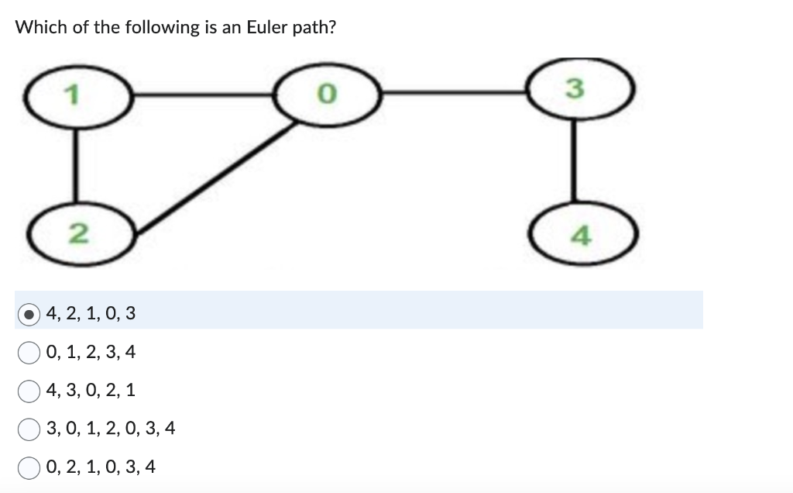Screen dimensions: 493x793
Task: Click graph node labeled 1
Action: (75, 97)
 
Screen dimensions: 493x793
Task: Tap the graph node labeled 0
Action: (328, 95)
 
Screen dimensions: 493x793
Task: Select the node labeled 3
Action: (573, 89)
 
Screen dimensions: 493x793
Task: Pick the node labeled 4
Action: (585, 235)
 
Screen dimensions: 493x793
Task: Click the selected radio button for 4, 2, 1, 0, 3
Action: (29, 314)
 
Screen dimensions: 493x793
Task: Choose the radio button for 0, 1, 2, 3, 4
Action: (29, 353)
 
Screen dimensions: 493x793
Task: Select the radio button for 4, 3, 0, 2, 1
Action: (29, 391)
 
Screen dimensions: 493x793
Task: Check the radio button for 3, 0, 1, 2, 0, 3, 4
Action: (29, 429)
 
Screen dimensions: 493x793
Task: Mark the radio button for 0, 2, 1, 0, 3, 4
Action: (29, 467)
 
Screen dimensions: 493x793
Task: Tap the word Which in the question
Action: (36, 28)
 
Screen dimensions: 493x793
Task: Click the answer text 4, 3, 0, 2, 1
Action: (91, 391)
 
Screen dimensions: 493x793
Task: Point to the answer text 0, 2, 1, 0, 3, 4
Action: (101, 467)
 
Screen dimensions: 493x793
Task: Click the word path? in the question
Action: (316, 28)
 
